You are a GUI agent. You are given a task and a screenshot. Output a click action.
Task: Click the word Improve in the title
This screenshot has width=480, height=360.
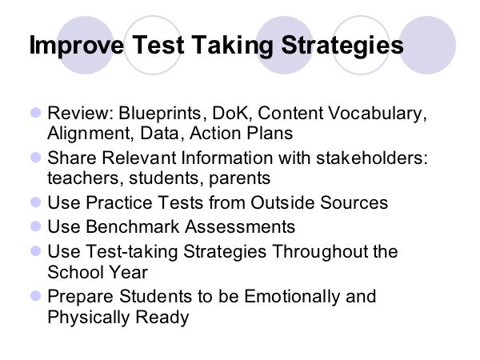point(77,46)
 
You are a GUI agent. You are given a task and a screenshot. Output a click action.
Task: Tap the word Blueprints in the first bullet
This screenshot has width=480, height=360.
point(159,114)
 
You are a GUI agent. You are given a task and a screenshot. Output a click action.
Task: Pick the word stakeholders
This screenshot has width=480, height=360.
point(371,158)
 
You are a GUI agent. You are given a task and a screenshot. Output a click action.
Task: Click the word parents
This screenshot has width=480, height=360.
point(240,178)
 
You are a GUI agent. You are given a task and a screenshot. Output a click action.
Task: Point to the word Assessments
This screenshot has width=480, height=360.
point(240,227)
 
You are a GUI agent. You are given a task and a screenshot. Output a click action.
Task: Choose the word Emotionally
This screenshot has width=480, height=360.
point(292,296)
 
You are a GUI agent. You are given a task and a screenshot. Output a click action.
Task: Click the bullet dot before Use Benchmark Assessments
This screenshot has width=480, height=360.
point(36,226)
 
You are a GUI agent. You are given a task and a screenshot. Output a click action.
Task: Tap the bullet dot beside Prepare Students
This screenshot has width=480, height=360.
point(36,296)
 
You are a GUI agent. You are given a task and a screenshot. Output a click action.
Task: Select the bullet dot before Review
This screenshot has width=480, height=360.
point(36,113)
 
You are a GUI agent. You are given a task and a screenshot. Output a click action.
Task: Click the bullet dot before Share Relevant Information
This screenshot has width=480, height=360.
point(36,158)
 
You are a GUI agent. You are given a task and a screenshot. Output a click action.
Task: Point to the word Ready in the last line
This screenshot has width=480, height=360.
point(162,317)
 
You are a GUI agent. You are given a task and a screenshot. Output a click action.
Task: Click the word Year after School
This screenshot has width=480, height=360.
point(129,272)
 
